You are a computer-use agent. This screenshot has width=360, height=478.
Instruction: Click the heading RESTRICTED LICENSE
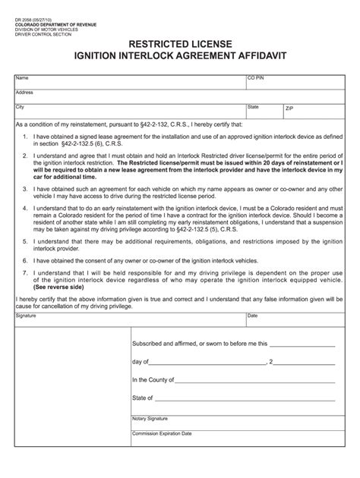(x=180, y=45)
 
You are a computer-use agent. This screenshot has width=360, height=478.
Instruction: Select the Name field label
(x=22, y=77)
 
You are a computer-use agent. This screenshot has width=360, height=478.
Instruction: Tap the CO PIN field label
(x=256, y=77)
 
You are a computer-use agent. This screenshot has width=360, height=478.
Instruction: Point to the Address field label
(x=24, y=92)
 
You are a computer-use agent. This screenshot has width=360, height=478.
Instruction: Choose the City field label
(x=21, y=106)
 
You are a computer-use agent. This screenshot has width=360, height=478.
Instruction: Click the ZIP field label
(x=289, y=108)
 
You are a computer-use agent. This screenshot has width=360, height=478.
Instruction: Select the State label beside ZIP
(x=253, y=106)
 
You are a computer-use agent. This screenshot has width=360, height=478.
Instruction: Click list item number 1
(x=25, y=137)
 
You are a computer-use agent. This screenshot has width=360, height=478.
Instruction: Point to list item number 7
(x=25, y=271)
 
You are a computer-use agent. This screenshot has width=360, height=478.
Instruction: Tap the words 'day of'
(x=140, y=361)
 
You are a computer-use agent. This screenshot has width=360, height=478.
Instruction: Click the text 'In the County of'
(x=153, y=380)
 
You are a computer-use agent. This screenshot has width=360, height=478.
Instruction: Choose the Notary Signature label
(x=150, y=418)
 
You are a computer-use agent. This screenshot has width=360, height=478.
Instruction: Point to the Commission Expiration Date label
(x=162, y=433)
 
